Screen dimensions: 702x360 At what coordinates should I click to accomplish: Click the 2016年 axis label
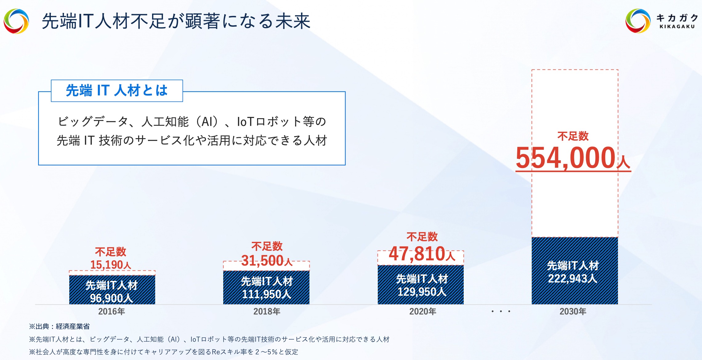(111, 311)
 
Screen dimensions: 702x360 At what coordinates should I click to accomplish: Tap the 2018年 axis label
(267, 311)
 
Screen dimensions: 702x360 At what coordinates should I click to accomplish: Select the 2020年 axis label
(422, 311)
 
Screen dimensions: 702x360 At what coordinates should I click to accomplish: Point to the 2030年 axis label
(573, 311)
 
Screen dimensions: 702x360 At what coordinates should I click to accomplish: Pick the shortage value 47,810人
(422, 254)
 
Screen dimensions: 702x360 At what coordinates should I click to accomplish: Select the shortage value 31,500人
(267, 261)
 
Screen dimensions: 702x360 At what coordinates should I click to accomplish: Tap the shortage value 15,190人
(111, 265)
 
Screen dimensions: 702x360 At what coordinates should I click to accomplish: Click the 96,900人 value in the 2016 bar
(111, 298)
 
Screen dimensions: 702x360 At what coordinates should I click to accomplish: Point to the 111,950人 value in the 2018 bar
(267, 294)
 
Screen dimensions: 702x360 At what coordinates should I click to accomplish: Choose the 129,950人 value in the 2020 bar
(422, 291)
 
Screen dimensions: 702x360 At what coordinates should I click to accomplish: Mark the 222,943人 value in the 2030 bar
(573, 278)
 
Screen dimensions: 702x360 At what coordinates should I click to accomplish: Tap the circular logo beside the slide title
(16, 21)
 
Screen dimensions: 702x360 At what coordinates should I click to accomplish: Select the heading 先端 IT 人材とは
(117, 90)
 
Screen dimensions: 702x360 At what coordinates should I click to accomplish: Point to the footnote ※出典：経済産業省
(59, 326)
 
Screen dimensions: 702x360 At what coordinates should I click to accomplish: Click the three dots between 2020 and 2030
(501, 311)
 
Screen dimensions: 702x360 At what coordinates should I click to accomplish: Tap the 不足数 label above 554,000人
(573, 136)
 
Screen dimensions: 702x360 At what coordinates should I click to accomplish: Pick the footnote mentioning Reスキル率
(163, 352)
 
